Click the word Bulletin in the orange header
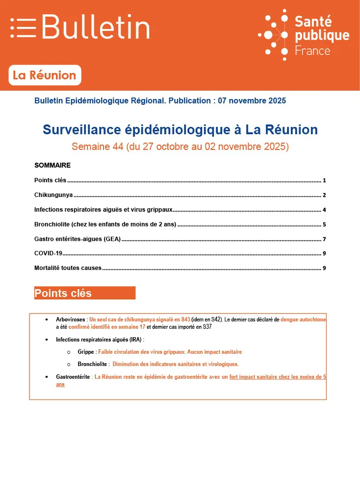96,27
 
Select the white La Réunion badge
45,75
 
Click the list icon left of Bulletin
23,27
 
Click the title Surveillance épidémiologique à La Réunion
180,130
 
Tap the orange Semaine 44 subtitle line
180,147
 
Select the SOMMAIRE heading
52,165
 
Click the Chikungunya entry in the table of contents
53,195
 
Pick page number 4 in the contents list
324,210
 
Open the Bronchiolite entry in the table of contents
105,225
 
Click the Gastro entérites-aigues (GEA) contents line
77,239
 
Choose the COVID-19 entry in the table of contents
49,253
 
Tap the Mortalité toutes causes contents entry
68,268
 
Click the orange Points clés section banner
84,293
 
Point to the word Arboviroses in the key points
71,319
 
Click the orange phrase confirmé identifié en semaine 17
107,326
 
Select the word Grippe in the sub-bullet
86,352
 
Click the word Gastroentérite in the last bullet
73,377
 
